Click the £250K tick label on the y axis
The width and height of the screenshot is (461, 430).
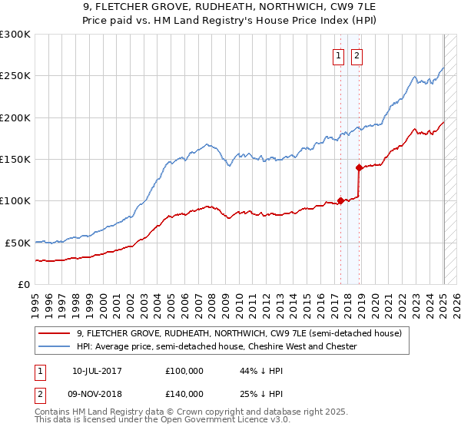tap(15, 76)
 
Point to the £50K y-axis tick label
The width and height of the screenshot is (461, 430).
tap(18, 243)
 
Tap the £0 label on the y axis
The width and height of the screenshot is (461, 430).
tap(24, 284)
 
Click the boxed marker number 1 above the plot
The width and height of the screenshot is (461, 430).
tap(339, 55)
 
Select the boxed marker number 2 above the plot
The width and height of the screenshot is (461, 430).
tap(357, 55)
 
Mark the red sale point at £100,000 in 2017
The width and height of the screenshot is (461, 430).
tap(340, 201)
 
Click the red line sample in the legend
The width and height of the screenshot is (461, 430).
tap(54, 334)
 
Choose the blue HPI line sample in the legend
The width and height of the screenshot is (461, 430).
tap(54, 347)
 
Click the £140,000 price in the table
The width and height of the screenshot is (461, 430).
tap(184, 393)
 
